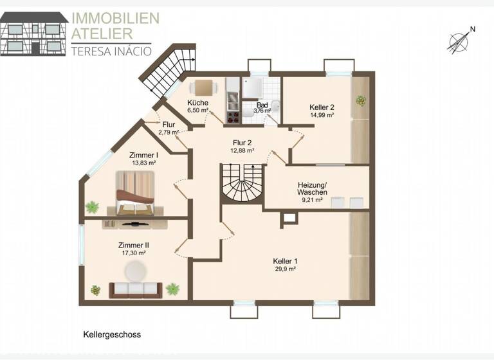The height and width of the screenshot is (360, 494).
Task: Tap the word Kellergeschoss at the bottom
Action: pos(112,335)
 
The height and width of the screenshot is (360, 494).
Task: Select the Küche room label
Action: pos(197,103)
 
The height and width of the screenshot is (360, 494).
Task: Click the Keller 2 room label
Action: pos(322,107)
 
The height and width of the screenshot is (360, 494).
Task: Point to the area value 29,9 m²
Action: pos(284,269)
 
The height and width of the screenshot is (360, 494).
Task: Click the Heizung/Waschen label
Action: pos(312,188)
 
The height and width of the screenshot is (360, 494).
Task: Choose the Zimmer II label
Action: pos(134,245)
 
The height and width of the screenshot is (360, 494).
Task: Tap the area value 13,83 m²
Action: pos(143,163)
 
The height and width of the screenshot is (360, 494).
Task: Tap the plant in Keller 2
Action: pos(360,100)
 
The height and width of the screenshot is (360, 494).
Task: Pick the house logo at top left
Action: pos(33,34)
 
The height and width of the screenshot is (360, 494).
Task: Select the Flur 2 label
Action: pos(242,143)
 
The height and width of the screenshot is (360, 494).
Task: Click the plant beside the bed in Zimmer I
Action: pos(93,207)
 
